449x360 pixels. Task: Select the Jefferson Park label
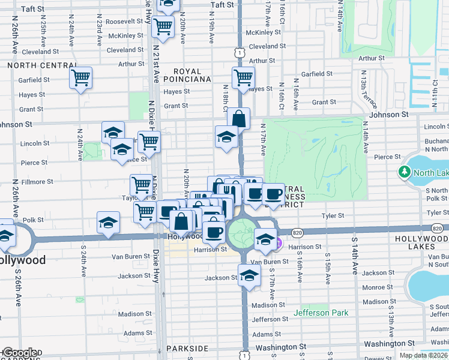(x=320, y=313)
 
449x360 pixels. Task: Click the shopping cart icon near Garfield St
(x=80, y=77)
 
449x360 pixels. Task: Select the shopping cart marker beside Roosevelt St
(x=162, y=26)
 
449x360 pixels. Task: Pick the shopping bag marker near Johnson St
(x=238, y=118)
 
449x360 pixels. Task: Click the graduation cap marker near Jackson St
(x=249, y=275)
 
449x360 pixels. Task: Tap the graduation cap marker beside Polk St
(x=108, y=223)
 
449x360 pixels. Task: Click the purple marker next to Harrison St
(x=279, y=242)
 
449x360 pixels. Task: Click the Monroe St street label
(x=378, y=287)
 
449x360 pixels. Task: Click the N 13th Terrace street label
(x=364, y=87)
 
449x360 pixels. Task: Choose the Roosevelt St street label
(x=122, y=21)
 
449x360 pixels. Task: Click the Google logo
(x=19, y=353)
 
